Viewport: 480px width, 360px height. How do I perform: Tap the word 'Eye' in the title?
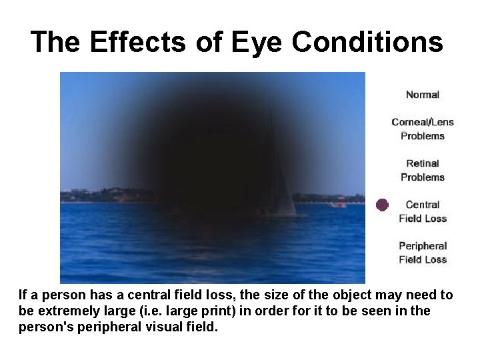point(253,42)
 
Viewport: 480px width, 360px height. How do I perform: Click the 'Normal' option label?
point(423,95)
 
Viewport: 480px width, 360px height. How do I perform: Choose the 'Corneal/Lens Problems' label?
point(423,129)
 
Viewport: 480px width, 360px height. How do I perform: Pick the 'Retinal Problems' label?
point(423,170)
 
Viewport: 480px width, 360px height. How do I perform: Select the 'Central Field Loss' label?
point(423,211)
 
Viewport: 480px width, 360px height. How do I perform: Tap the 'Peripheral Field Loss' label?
point(423,253)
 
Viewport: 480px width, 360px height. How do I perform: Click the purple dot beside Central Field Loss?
point(381,205)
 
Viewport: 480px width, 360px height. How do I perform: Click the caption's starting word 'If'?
point(23,295)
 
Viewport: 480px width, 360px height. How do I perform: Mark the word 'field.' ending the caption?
point(201,328)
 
